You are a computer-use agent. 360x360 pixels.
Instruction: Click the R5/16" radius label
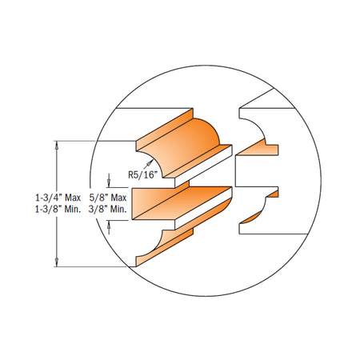click(142, 175)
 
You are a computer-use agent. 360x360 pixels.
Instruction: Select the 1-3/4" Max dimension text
click(58, 198)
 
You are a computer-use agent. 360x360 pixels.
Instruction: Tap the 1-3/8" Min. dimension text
click(58, 210)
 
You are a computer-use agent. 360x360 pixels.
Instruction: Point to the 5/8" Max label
click(108, 198)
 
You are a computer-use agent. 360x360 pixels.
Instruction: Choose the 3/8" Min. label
click(108, 210)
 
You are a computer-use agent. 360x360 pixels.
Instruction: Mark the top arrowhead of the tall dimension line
click(57, 146)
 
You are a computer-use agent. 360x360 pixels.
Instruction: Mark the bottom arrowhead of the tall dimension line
click(57, 262)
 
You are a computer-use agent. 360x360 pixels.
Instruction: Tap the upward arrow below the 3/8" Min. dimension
click(109, 227)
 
